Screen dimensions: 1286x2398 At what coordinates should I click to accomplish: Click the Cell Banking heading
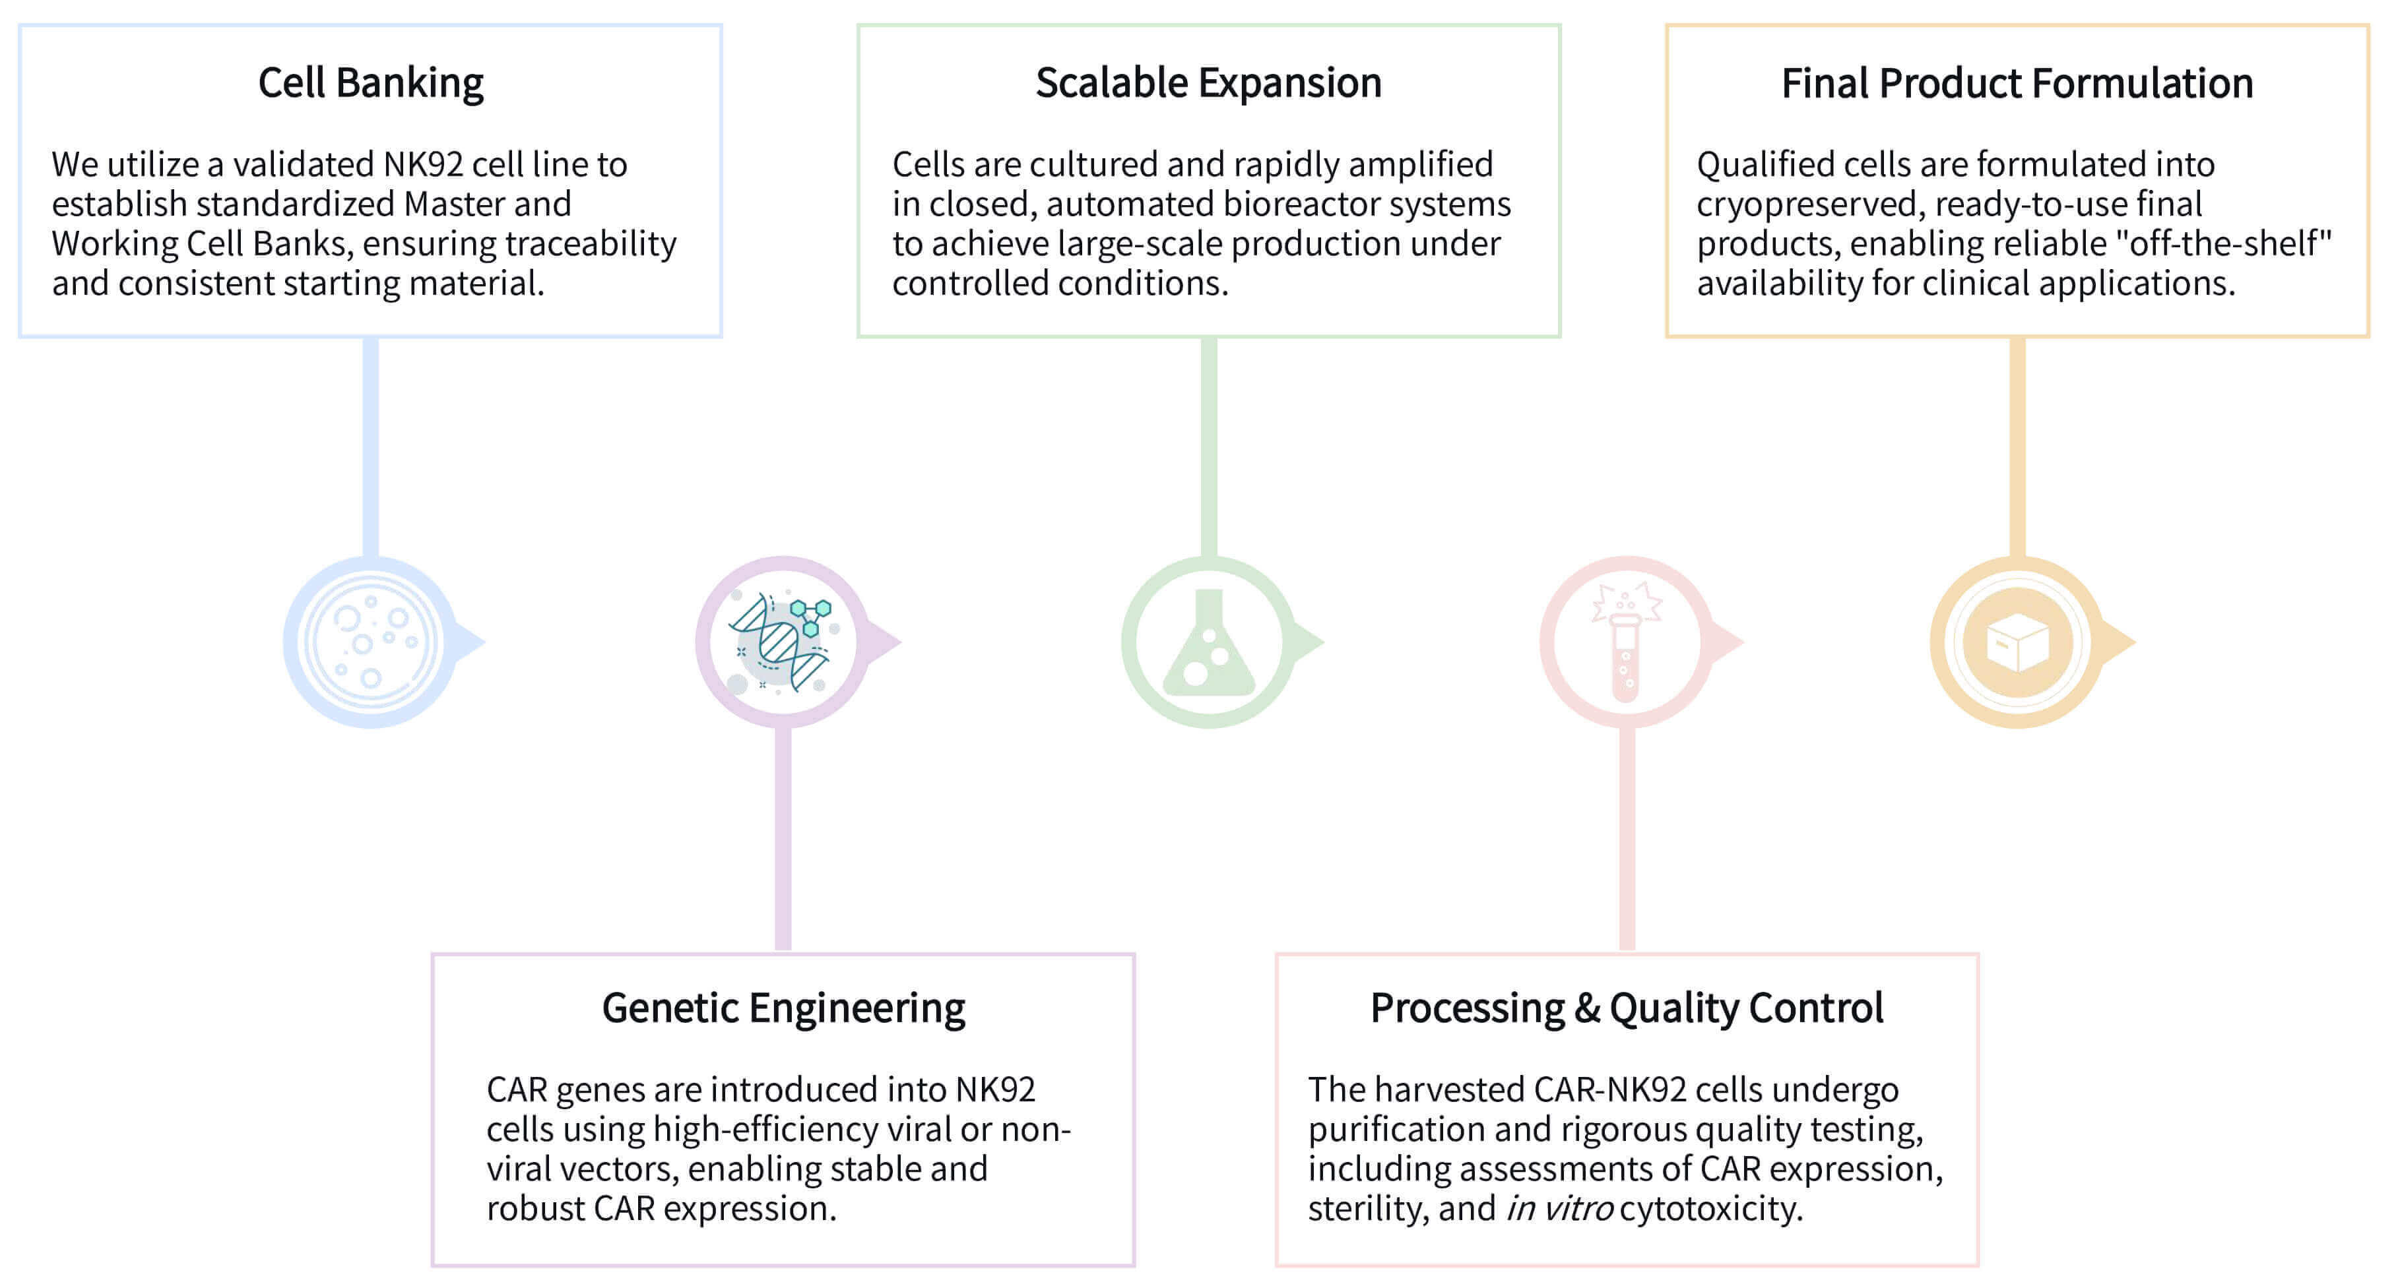point(370,84)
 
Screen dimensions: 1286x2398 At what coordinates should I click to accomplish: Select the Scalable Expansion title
point(1208,84)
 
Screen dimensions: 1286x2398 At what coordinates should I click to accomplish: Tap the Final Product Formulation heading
point(2017,84)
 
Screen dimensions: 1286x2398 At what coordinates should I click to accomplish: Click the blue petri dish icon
point(370,642)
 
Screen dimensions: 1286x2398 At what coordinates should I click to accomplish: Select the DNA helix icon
point(782,642)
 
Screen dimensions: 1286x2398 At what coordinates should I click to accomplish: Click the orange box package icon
point(2017,642)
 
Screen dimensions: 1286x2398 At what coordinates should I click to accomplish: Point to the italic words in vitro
point(1559,1209)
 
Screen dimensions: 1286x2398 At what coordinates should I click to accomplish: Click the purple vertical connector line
point(783,838)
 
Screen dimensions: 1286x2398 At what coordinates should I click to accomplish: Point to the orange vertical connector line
point(2017,446)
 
